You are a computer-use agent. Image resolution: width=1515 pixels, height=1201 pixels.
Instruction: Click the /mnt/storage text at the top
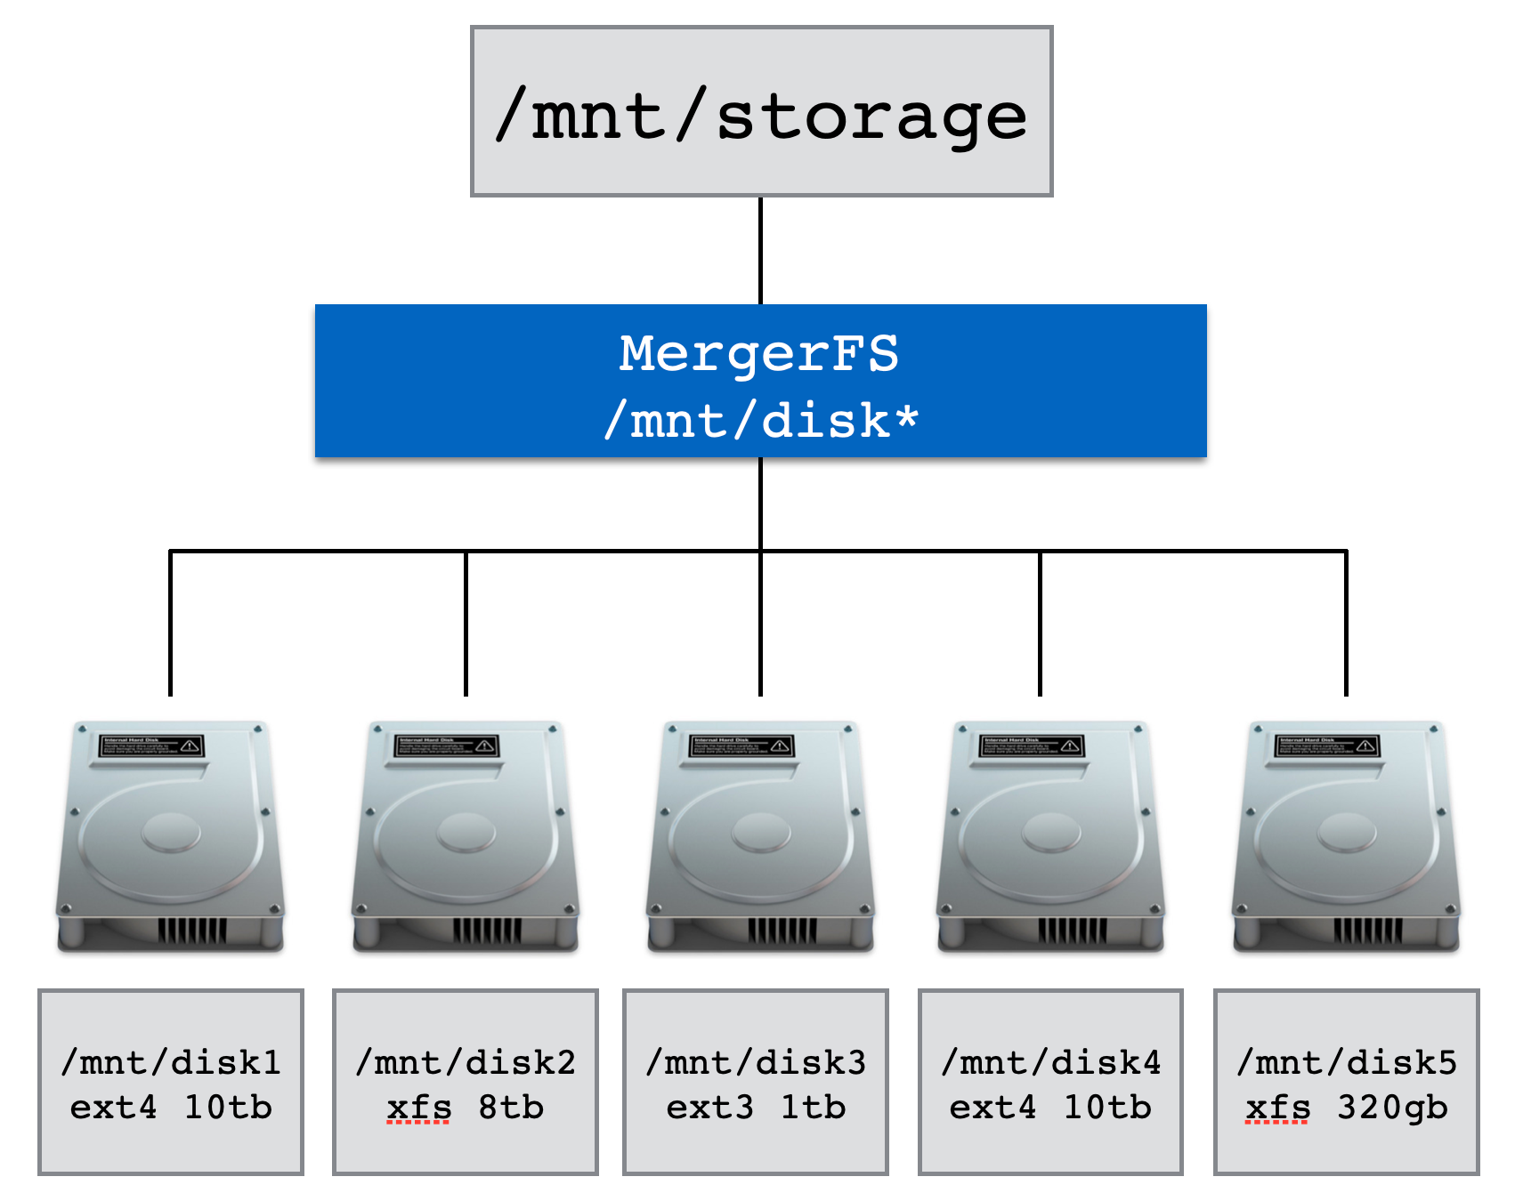tap(761, 117)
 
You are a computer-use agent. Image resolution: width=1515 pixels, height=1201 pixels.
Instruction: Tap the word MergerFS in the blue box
tap(759, 353)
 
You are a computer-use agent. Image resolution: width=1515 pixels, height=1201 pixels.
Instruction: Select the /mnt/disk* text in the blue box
tap(761, 420)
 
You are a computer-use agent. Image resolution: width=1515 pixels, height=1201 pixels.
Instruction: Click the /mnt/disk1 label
tap(171, 1062)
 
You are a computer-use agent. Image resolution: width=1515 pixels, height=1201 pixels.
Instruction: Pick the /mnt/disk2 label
tap(466, 1062)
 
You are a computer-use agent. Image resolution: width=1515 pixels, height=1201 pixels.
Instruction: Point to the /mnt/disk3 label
tap(756, 1062)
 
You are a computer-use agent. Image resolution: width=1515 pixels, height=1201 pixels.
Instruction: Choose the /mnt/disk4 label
tap(1051, 1062)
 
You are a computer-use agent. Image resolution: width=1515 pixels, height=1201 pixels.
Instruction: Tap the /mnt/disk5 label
tap(1347, 1062)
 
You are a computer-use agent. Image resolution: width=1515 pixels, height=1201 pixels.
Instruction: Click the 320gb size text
tap(1392, 1108)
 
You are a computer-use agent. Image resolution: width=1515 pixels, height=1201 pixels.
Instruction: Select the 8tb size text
tap(511, 1108)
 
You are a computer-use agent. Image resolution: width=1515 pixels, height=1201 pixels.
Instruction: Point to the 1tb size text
tap(813, 1108)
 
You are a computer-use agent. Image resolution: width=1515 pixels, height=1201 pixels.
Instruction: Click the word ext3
tap(709, 1108)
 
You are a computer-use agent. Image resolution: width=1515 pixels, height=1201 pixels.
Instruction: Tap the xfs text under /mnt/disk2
tap(419, 1108)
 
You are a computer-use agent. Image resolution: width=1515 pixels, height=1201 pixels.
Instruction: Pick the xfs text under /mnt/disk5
tap(1278, 1108)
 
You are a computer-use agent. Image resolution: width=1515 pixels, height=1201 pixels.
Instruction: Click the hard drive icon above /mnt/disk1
tap(171, 837)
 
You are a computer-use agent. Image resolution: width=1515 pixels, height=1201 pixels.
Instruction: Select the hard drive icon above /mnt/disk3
tap(760, 837)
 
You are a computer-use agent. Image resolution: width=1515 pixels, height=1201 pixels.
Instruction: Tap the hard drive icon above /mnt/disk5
tap(1346, 837)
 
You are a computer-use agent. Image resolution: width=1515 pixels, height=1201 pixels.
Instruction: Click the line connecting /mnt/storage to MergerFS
tap(760, 250)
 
